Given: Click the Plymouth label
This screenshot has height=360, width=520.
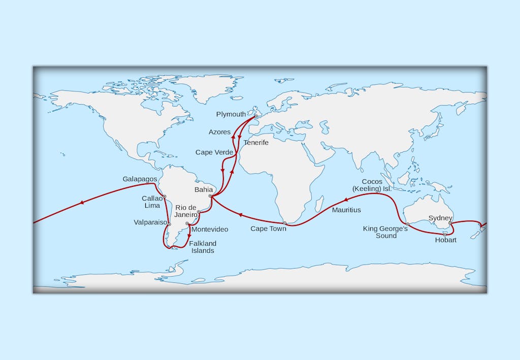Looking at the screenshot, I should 231,114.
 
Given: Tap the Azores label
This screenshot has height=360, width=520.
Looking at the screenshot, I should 219,132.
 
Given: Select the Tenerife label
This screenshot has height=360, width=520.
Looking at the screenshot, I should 256,143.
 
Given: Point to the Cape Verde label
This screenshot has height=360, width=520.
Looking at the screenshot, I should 214,152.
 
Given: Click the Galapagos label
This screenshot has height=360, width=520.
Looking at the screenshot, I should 140,179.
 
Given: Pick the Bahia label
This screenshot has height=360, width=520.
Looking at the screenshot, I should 204,189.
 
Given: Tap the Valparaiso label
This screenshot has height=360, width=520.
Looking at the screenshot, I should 150,222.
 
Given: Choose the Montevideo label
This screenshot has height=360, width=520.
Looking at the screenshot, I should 209,230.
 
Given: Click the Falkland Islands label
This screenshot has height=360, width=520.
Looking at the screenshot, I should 203,247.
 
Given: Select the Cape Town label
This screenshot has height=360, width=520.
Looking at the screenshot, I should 268,229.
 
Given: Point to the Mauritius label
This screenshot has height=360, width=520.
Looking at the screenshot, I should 346,210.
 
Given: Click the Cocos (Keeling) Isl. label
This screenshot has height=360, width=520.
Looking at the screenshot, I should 377,185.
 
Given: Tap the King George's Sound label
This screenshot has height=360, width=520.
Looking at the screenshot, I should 386,232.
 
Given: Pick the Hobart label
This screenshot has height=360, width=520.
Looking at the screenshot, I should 446,240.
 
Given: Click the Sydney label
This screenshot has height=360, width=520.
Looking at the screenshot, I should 440,218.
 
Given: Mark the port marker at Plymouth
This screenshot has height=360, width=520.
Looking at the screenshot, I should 256,116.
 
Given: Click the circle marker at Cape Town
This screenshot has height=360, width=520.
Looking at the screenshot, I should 284,223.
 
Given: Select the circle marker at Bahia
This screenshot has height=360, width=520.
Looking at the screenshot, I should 210,196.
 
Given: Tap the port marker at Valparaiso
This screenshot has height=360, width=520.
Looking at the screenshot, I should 170,224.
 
